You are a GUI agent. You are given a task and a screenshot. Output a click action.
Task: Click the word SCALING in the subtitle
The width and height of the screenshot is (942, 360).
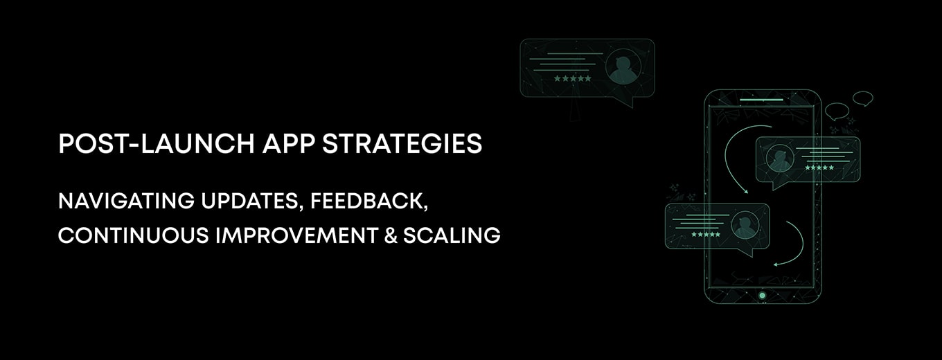[452, 235]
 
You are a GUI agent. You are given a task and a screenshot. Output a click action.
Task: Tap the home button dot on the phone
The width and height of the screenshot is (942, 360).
[762, 296]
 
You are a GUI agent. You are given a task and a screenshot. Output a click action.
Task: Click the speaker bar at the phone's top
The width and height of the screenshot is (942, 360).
[762, 100]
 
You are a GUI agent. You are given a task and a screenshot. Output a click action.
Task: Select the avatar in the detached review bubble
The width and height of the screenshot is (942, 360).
[621, 68]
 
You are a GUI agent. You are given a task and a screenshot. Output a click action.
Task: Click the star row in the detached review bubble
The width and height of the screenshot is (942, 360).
[572, 79]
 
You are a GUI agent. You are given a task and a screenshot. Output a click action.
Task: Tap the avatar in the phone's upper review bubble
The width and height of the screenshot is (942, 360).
[780, 159]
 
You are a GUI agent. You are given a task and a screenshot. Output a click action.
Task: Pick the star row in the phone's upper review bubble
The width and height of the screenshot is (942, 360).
[819, 168]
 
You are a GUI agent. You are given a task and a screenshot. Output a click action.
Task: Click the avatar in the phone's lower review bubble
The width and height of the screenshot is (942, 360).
[745, 225]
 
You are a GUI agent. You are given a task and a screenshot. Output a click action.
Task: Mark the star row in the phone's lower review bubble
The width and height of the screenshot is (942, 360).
[706, 235]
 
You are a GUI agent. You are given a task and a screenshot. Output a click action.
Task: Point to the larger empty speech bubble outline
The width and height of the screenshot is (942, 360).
[837, 110]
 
